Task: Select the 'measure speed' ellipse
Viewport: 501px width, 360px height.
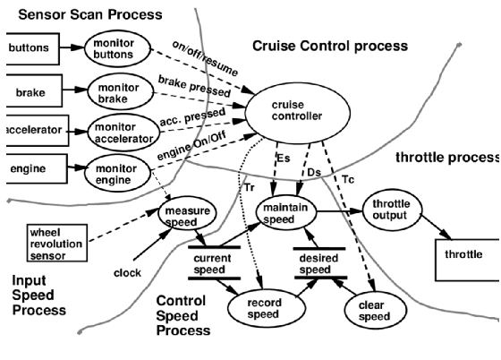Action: tap(188, 216)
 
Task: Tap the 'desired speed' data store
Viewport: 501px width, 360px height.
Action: tap(320, 262)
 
